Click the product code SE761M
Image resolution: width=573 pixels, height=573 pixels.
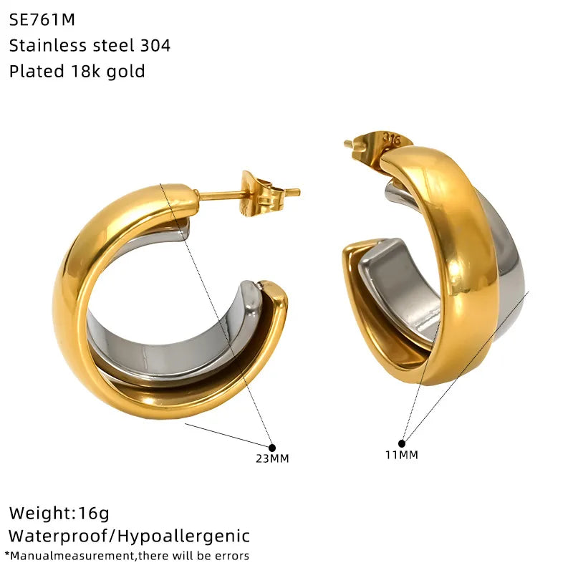pos(42,19)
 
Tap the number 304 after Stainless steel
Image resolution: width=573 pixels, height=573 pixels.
pos(155,45)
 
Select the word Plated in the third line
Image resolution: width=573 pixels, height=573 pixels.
pos(37,71)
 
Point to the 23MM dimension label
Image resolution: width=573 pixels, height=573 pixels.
pos(272,458)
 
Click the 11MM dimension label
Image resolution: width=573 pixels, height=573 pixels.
pos(402,455)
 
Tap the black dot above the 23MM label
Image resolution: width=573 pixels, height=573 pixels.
pos(272,447)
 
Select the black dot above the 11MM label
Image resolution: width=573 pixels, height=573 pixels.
pos(402,443)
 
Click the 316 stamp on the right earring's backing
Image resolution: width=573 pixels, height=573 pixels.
pos(391,138)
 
